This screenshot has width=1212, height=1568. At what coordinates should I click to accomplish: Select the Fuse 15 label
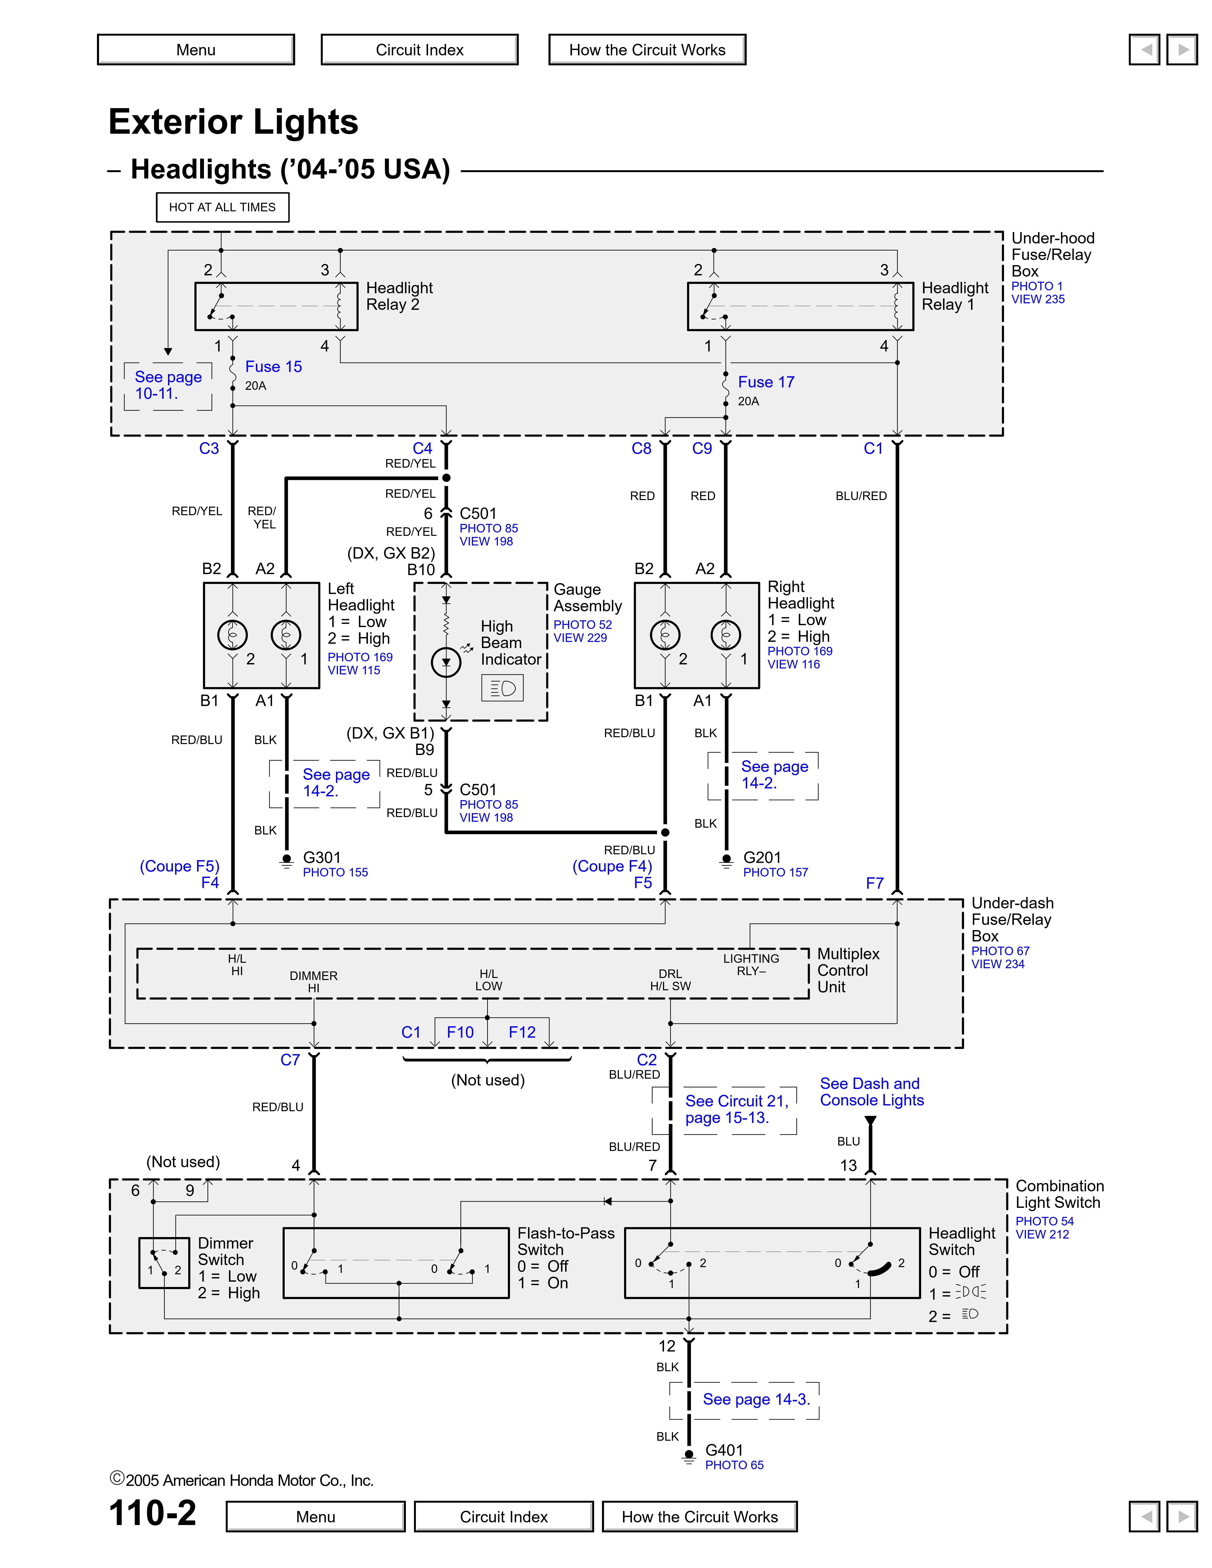tap(274, 367)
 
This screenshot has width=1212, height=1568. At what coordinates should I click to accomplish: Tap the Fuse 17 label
tap(766, 382)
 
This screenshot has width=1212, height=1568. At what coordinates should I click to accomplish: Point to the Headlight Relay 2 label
tap(399, 296)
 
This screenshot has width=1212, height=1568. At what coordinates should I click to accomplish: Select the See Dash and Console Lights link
tap(872, 1092)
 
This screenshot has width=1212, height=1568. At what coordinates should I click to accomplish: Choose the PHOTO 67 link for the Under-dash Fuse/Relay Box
tap(1000, 951)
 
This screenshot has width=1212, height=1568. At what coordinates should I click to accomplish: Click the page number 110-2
tap(152, 1513)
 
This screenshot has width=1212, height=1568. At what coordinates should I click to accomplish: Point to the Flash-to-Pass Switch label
tap(566, 1241)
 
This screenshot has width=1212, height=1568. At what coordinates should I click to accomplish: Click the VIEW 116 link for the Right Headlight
tap(794, 664)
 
